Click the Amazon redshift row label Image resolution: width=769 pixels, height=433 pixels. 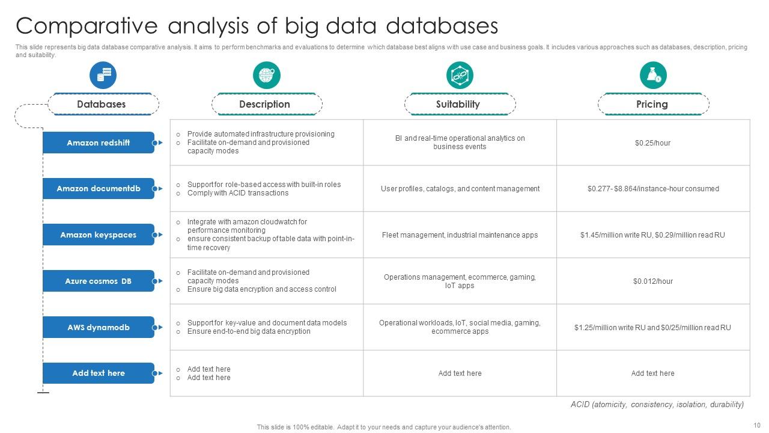pyautogui.click(x=99, y=143)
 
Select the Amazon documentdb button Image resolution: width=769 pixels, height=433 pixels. pyautogui.click(x=99, y=189)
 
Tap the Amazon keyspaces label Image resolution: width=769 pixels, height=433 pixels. pyautogui.click(x=99, y=235)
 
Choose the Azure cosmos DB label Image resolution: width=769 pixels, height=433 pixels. pyautogui.click(x=99, y=281)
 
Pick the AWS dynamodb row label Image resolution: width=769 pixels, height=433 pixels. pyautogui.click(x=99, y=327)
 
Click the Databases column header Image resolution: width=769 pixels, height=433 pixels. pyautogui.click(x=102, y=104)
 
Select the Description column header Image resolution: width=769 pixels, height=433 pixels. pyautogui.click(x=264, y=104)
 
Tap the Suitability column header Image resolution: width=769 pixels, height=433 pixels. pyautogui.click(x=458, y=104)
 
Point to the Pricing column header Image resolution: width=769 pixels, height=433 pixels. pyautogui.click(x=652, y=104)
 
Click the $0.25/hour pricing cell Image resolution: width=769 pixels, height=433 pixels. pyautogui.click(x=652, y=143)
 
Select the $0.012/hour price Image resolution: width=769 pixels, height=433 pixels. pyautogui.click(x=652, y=281)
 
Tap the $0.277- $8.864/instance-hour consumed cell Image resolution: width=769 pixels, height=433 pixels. pyautogui.click(x=653, y=189)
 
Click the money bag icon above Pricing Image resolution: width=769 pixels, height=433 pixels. pyautogui.click(x=653, y=75)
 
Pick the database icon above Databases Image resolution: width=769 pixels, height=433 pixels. pyautogui.click(x=103, y=75)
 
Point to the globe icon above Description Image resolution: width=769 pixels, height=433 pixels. pyautogui.click(x=266, y=75)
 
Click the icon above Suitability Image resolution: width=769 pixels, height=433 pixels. pyautogui.click(x=460, y=75)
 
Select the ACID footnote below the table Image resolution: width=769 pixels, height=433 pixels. pyautogui.click(x=657, y=405)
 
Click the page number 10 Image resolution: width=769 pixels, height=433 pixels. pyautogui.click(x=756, y=425)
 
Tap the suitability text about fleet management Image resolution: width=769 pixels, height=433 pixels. pyautogui.click(x=460, y=235)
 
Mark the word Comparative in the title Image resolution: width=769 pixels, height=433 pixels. pyautogui.click(x=88, y=26)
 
